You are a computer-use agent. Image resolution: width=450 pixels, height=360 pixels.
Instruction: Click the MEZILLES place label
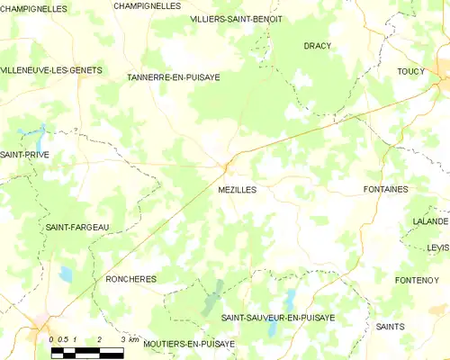(x=238, y=190)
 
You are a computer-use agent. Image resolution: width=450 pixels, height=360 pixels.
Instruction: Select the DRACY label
(x=317, y=45)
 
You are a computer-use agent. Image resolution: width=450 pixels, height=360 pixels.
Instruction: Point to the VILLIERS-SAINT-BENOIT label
(x=237, y=19)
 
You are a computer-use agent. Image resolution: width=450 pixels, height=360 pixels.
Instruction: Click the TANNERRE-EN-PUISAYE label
(x=174, y=77)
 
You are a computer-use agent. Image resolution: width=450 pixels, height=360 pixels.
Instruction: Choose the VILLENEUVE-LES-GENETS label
(x=51, y=69)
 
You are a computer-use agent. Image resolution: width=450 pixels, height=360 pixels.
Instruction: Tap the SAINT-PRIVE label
(x=24, y=155)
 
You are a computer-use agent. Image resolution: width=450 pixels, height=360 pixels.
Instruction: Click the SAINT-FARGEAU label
(x=76, y=228)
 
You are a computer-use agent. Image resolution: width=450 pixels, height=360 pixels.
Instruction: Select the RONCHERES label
(x=130, y=279)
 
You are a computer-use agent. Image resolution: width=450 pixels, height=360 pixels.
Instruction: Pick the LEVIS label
(x=438, y=247)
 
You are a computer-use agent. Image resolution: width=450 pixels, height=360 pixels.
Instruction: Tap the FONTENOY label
(x=416, y=280)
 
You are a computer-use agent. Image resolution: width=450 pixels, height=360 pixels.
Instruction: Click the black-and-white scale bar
(x=86, y=354)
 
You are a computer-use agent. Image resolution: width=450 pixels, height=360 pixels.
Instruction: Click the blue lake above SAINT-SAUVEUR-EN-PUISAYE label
(x=289, y=299)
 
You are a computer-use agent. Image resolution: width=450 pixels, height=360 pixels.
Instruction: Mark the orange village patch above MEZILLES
(x=229, y=165)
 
